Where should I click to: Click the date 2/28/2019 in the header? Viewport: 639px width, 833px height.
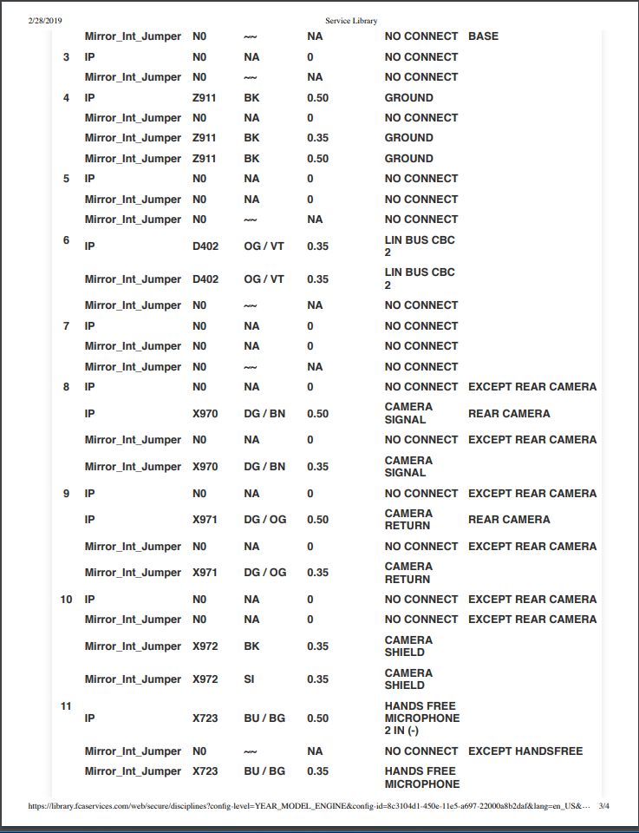point(45,20)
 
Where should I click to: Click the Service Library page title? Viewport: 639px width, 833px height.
point(351,20)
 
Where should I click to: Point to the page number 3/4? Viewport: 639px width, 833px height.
point(604,806)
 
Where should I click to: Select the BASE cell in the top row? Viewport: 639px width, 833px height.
point(483,36)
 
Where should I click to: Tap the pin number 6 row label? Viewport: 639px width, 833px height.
point(66,239)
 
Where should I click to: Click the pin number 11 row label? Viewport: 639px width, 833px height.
point(66,706)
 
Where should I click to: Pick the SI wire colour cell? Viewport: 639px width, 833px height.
point(249,679)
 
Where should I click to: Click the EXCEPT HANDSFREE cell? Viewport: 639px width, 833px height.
point(525,751)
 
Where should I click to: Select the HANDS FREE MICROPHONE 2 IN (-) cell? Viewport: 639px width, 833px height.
point(422,718)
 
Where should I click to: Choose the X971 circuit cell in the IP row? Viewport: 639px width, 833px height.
point(205,520)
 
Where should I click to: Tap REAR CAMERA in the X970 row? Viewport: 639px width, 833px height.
point(509,414)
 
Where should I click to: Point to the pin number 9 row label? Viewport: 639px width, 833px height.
point(66,494)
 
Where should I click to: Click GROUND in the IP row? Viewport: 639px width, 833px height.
point(409,98)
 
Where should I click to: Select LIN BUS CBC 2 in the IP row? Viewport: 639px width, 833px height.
point(420,246)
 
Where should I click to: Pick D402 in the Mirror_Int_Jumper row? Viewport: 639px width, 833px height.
point(205,279)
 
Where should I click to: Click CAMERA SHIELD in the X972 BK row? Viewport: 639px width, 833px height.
point(408,646)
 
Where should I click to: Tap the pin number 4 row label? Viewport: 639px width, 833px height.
point(66,98)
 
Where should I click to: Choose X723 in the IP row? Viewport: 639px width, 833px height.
point(205,718)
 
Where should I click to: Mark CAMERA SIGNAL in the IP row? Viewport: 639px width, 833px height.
point(408,414)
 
